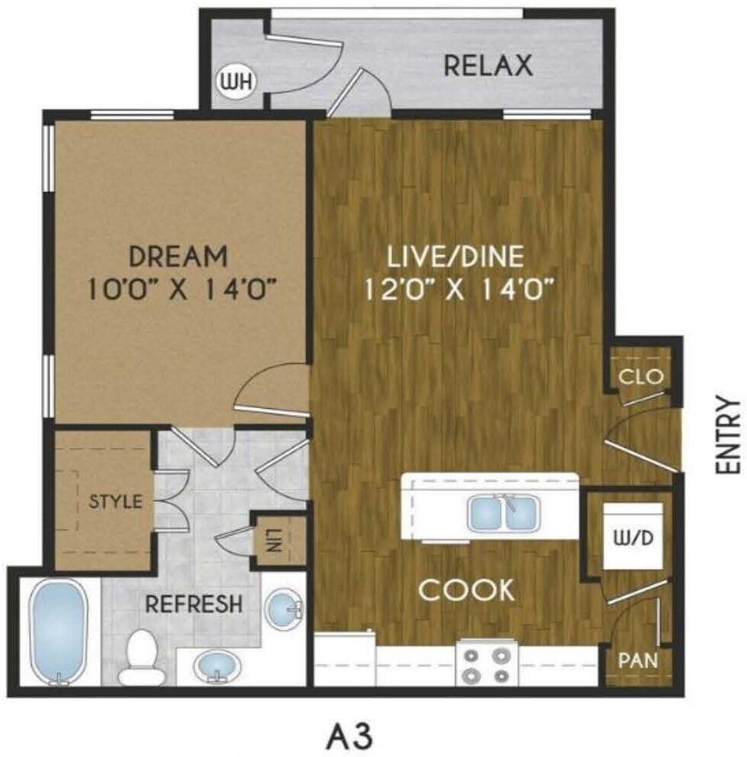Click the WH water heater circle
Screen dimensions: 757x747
coord(228,81)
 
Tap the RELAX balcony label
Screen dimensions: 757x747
coord(487,65)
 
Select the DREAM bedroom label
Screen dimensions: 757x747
coord(177,256)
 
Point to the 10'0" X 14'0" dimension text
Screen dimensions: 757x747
coord(180,290)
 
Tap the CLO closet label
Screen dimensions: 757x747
coord(641,376)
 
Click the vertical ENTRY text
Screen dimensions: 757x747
coord(728,436)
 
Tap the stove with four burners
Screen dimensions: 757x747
coord(487,664)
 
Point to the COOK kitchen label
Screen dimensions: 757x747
coord(466,590)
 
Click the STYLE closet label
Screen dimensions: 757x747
coord(117,502)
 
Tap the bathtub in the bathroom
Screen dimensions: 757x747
coord(58,631)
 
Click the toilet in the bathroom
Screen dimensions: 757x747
coord(140,656)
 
